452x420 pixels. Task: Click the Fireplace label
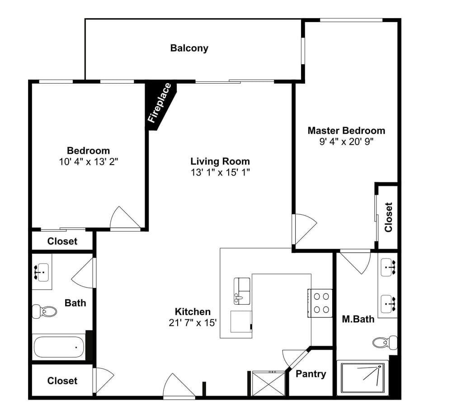click(160, 103)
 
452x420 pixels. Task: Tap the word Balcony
click(189, 48)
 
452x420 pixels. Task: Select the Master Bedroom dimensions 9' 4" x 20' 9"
click(346, 142)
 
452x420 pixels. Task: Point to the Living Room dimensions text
click(220, 172)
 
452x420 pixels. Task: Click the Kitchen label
click(193, 311)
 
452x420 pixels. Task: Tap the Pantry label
click(311, 374)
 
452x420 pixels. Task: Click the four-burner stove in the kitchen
click(320, 303)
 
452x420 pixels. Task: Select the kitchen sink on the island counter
click(242, 291)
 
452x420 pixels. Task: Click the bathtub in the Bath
click(59, 347)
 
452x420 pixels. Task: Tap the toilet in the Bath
click(44, 311)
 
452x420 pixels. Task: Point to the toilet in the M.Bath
click(385, 342)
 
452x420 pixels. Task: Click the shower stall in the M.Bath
click(363, 378)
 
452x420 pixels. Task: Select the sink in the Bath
click(42, 272)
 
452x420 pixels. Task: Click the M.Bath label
click(358, 319)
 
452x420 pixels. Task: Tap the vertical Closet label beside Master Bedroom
click(388, 217)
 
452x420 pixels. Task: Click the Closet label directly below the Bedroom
click(62, 241)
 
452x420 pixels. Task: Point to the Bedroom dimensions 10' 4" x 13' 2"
click(89, 162)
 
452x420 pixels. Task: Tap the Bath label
click(75, 303)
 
